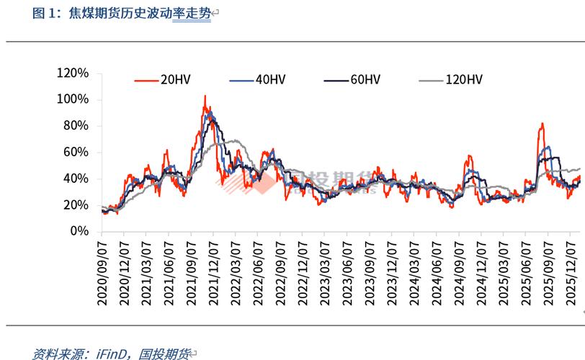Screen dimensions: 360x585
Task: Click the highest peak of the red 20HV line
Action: click(x=205, y=96)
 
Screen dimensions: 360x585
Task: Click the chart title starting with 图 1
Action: click(x=122, y=13)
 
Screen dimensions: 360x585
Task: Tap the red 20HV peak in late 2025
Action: click(x=542, y=124)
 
